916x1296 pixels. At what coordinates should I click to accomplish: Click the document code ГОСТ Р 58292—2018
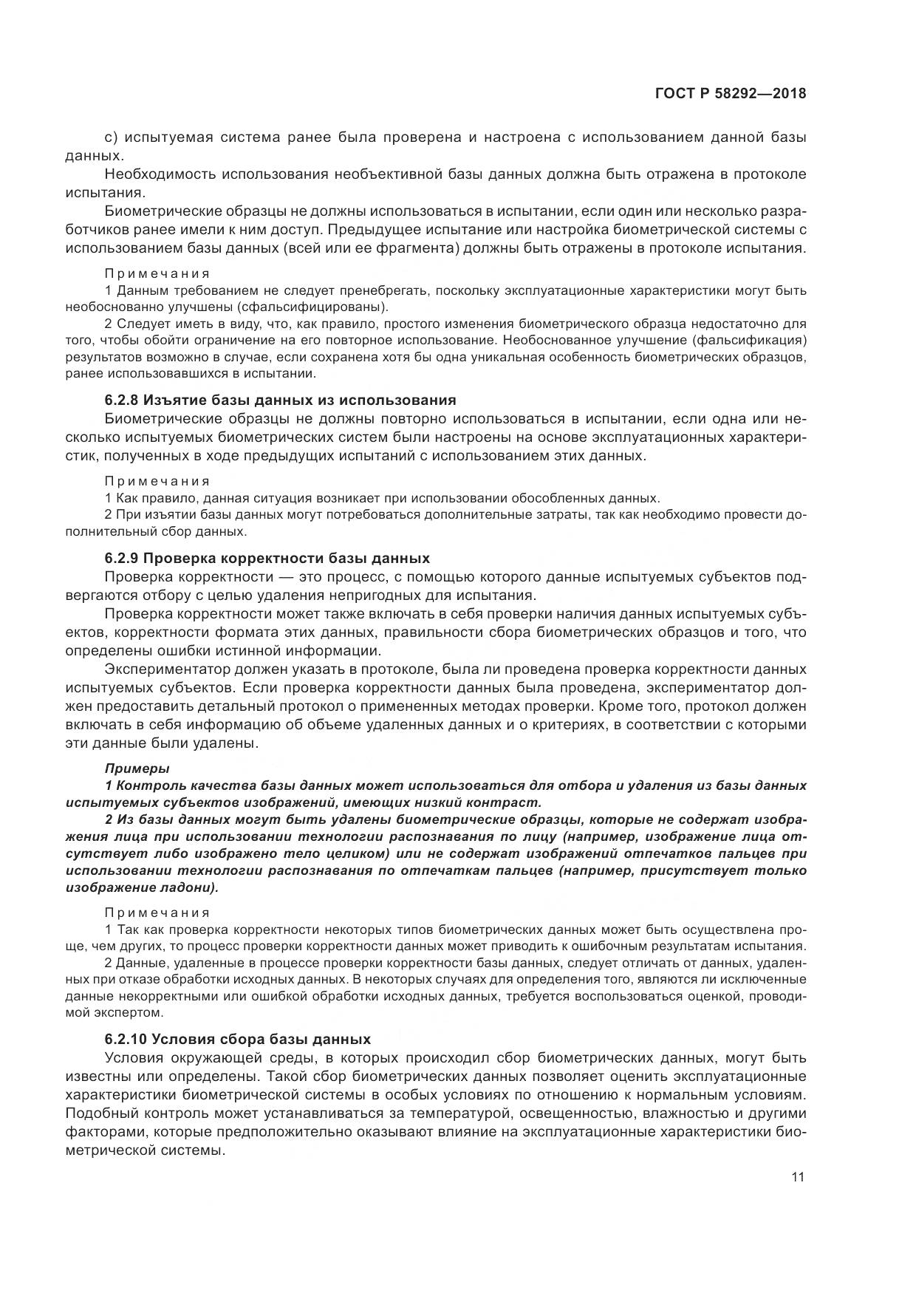[x=730, y=94]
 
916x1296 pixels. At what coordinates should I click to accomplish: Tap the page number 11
[x=798, y=1178]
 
